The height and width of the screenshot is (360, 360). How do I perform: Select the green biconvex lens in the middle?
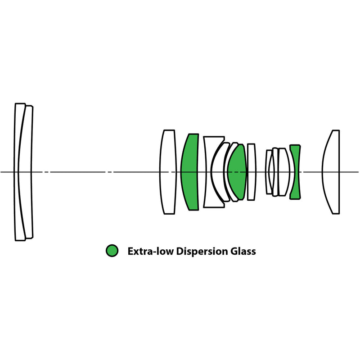coord(237,172)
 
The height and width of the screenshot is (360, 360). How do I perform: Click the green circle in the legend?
coord(112,251)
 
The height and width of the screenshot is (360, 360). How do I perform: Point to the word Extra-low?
coord(149,251)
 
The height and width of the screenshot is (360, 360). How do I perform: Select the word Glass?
coord(243,251)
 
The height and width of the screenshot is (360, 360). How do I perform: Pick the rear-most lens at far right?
coord(331,172)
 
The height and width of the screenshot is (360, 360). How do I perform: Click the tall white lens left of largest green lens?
coord(167,172)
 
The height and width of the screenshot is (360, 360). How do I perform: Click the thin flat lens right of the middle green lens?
coord(251,172)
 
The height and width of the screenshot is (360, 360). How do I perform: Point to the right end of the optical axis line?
coord(358,172)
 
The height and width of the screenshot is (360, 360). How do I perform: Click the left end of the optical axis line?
coord(1,172)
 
